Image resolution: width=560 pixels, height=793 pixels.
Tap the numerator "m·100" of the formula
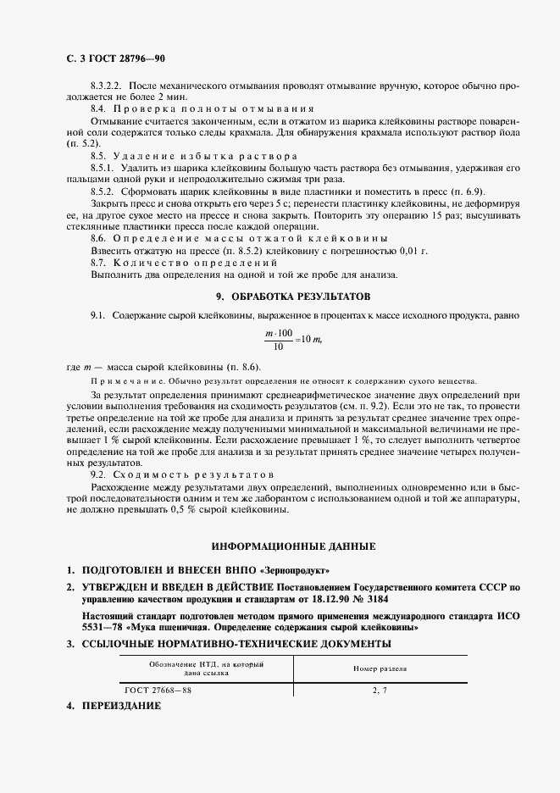(x=280, y=332)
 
